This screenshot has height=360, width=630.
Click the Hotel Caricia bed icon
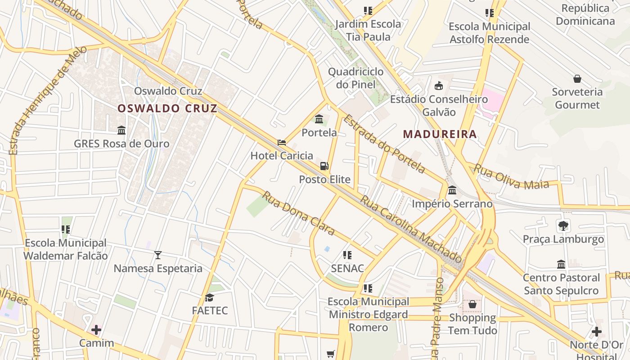click(282, 143)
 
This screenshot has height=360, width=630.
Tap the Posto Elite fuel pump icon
click(324, 166)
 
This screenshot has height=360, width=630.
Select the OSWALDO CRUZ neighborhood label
click(167, 108)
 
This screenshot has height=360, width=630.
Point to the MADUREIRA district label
click(440, 134)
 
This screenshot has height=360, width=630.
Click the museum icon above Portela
click(319, 119)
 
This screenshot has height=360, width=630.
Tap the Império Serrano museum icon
click(452, 190)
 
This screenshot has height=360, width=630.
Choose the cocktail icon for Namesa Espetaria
click(157, 255)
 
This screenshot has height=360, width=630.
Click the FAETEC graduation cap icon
click(209, 297)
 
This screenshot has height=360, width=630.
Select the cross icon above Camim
click(96, 330)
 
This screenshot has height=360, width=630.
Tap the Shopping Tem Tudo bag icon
click(472, 305)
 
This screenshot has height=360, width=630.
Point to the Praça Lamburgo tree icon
click(563, 225)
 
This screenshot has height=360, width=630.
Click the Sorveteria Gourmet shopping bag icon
click(577, 79)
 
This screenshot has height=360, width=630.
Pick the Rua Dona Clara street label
click(298, 213)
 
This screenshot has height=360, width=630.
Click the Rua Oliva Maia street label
click(511, 177)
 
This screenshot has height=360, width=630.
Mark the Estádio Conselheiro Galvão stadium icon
click(438, 85)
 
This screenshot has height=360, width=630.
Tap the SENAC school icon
click(347, 255)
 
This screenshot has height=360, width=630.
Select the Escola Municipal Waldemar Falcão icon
click(66, 229)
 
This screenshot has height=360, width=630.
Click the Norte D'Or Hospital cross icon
click(596, 332)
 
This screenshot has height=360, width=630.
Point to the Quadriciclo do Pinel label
click(355, 78)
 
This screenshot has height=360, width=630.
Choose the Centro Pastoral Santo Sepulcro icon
click(561, 264)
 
